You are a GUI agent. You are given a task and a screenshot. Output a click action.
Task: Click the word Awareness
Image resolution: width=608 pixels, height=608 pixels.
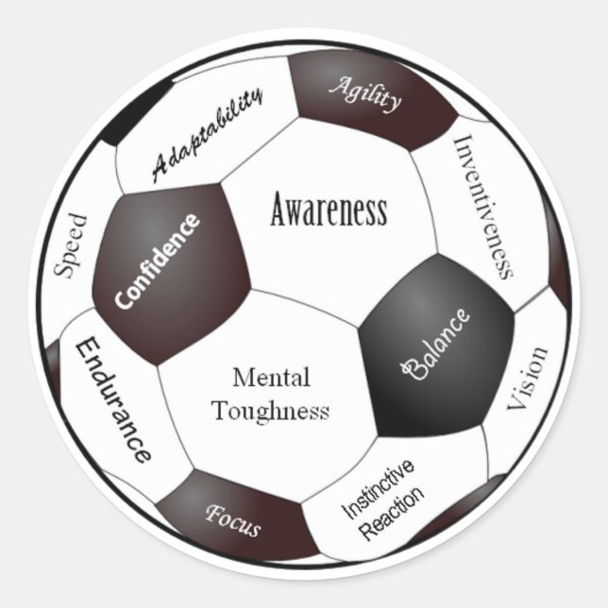click(329, 210)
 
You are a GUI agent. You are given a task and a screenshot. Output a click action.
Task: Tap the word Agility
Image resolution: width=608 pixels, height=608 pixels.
click(364, 93)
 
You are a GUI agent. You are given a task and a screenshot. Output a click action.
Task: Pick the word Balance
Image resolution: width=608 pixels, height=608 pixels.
click(436, 344)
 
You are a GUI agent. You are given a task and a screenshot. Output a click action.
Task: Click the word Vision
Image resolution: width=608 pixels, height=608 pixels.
click(529, 378)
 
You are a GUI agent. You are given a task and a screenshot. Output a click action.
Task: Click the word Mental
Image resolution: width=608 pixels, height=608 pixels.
click(271, 379)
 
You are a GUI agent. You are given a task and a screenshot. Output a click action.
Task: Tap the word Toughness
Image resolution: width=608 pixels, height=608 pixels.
click(271, 412)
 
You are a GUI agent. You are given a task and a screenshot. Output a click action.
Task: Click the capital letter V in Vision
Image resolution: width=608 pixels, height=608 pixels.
click(522, 402)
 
